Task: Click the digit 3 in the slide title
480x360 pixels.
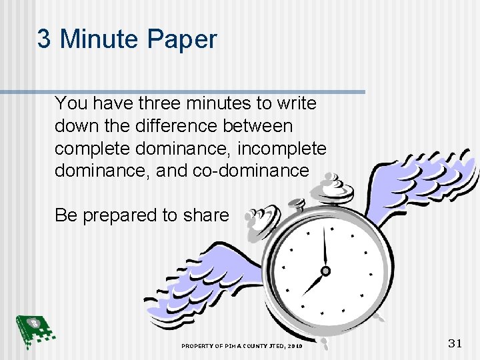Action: [x=44, y=39]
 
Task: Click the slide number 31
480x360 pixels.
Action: [x=455, y=343]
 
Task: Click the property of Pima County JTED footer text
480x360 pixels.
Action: [x=241, y=347]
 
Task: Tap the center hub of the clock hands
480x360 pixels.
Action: [x=325, y=271]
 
